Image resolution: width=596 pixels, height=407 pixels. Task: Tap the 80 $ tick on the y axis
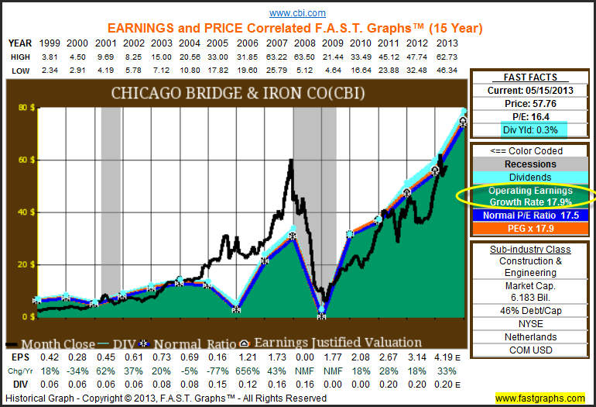[16, 107]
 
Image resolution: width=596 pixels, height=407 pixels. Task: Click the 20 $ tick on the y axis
[16, 264]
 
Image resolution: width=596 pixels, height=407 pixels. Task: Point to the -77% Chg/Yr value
[218, 371]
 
